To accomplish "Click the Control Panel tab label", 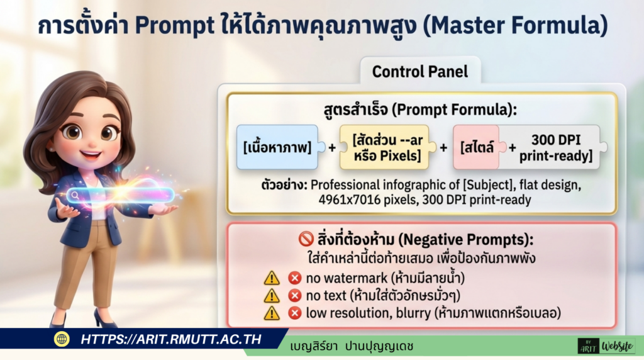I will point(419,71).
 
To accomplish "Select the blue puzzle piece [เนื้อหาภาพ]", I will point(277,147).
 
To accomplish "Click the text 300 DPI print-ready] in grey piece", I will point(556,147).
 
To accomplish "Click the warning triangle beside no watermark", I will point(272,278).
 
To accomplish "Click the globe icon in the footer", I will point(62,339).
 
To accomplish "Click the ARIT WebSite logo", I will point(606,346).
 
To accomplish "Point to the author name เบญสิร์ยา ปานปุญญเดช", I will point(352,346).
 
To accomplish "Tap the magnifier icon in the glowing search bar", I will point(75,195).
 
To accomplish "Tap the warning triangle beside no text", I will point(272,295).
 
